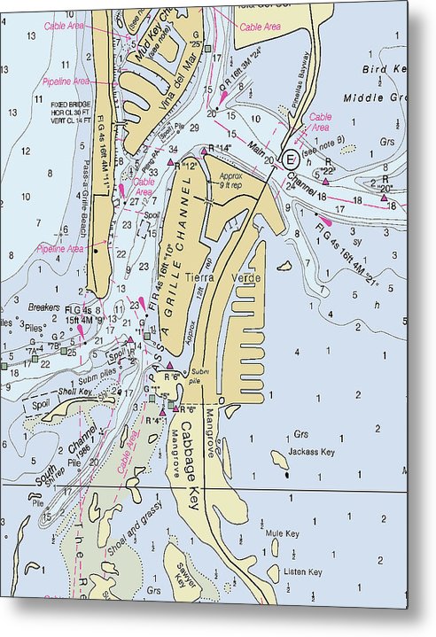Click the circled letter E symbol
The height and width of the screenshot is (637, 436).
[x=290, y=159]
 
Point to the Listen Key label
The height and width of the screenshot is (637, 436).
[x=302, y=571]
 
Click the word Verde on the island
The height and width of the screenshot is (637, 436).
[x=246, y=278]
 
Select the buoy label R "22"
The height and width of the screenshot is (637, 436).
[x=328, y=170]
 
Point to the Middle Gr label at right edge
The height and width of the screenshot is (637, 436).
[x=373, y=99]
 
